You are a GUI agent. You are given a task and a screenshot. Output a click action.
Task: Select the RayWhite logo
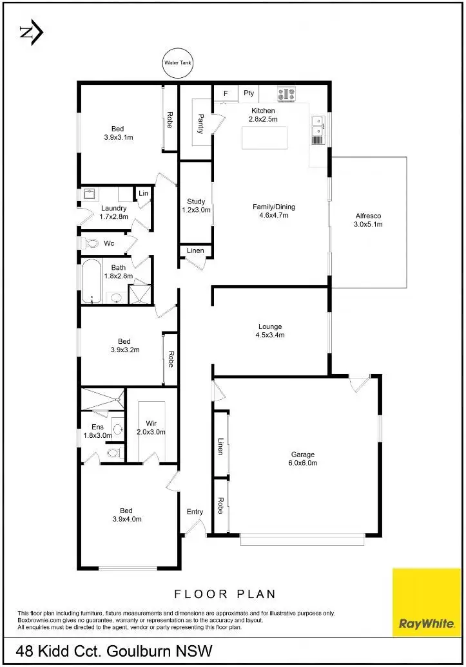pyautogui.click(x=427, y=601)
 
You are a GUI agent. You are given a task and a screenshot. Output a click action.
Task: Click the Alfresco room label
pyautogui.click(x=369, y=220)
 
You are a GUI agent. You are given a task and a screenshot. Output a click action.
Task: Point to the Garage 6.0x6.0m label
pyautogui.click(x=303, y=458)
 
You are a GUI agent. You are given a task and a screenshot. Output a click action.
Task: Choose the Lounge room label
pyautogui.click(x=270, y=331)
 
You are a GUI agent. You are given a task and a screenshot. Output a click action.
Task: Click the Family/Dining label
pyautogui.click(x=274, y=211)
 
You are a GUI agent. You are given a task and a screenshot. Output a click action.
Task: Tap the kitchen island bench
pyautogui.click(x=265, y=138)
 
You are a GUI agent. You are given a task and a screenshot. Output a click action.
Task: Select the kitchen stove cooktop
pyautogui.click(x=286, y=94)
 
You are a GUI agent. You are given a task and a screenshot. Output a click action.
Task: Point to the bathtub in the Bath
pyautogui.click(x=91, y=281)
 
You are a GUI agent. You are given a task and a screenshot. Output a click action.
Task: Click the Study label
pyautogui.click(x=196, y=205)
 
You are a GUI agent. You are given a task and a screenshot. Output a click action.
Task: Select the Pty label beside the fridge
pyautogui.click(x=249, y=93)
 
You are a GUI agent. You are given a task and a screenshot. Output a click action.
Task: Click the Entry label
pyautogui.click(x=195, y=512)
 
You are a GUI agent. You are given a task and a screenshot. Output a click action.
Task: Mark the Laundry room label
pyautogui.click(x=114, y=212)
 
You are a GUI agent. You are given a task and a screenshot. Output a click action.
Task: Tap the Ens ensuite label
pyautogui.click(x=97, y=431)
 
